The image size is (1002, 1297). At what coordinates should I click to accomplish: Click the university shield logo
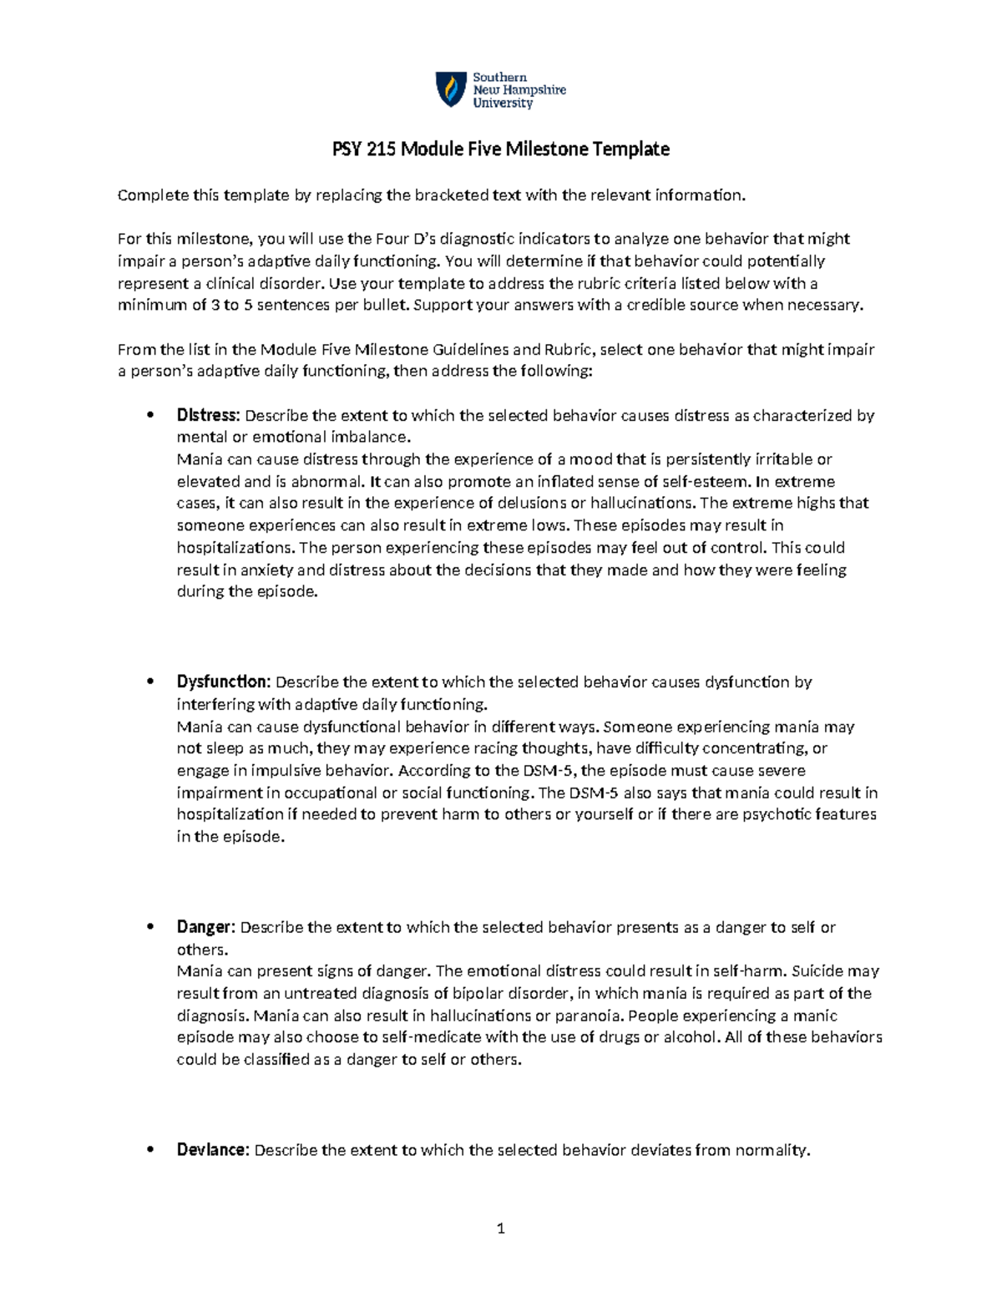click(451, 89)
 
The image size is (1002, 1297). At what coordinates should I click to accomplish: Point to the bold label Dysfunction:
click(223, 682)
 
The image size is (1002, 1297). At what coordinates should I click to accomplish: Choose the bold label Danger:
click(206, 927)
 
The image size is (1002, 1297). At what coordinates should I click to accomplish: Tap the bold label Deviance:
click(212, 1150)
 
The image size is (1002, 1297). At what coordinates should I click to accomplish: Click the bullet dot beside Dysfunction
click(150, 682)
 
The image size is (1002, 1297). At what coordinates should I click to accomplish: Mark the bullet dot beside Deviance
click(150, 1150)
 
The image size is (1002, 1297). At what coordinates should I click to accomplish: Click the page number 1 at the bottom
click(500, 1229)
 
